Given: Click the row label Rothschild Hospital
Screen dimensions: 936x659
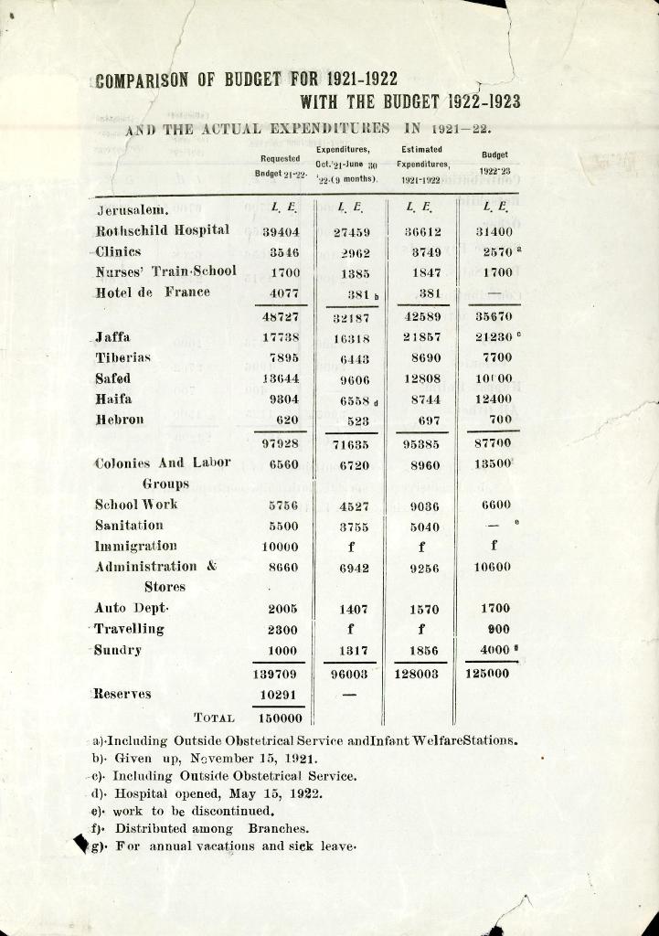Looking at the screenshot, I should click(x=162, y=230).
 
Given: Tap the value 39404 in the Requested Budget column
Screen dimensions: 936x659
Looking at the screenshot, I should click(x=282, y=232).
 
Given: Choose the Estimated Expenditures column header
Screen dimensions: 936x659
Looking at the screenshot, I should click(x=420, y=165).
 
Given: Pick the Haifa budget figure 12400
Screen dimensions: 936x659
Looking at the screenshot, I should click(x=494, y=399).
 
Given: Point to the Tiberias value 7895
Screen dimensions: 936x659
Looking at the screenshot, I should click(x=284, y=357).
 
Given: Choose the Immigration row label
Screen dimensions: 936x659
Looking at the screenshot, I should click(x=136, y=546).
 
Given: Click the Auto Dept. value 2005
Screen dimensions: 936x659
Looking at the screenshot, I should click(x=282, y=609).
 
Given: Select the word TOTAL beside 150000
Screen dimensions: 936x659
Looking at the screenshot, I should click(x=215, y=719).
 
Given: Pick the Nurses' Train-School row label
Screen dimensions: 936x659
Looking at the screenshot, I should click(x=165, y=271).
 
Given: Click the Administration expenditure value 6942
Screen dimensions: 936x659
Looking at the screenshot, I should click(x=354, y=569).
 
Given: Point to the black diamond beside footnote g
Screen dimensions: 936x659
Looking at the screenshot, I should click(x=80, y=845).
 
